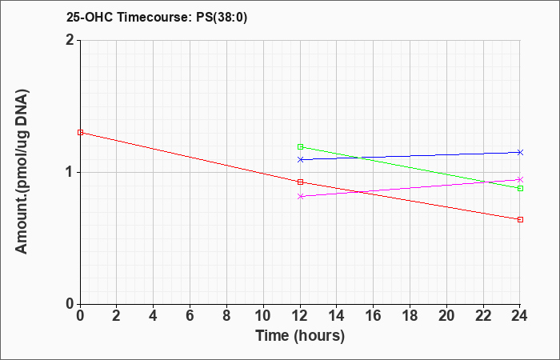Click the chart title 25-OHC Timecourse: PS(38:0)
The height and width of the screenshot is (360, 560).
point(157,17)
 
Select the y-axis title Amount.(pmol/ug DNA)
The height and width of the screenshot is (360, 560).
point(22,172)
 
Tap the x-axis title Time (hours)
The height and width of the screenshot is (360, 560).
point(300,336)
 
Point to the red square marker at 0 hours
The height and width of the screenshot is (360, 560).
point(80,133)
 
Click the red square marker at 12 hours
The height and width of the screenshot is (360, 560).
point(300,182)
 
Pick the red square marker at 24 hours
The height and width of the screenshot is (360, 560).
point(520,220)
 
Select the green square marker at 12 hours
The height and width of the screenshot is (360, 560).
point(300,146)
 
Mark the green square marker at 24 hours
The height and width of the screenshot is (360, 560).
point(520,188)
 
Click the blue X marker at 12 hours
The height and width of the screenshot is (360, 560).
point(300,160)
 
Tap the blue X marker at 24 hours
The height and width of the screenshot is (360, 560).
point(520,153)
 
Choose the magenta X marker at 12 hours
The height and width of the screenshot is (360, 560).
point(300,196)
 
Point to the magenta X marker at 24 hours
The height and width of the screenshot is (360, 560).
point(520,180)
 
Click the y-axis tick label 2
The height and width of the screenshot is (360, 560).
point(70,40)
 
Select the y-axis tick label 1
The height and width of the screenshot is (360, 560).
point(70,173)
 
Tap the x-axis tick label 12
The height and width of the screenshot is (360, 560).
point(300,316)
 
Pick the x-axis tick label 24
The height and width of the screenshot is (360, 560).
point(520,316)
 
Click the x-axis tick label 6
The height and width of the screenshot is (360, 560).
point(190,316)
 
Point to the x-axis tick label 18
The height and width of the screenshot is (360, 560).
point(410,316)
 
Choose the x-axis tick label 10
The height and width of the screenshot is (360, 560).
point(263,316)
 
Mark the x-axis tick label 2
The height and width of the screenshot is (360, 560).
point(117,316)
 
